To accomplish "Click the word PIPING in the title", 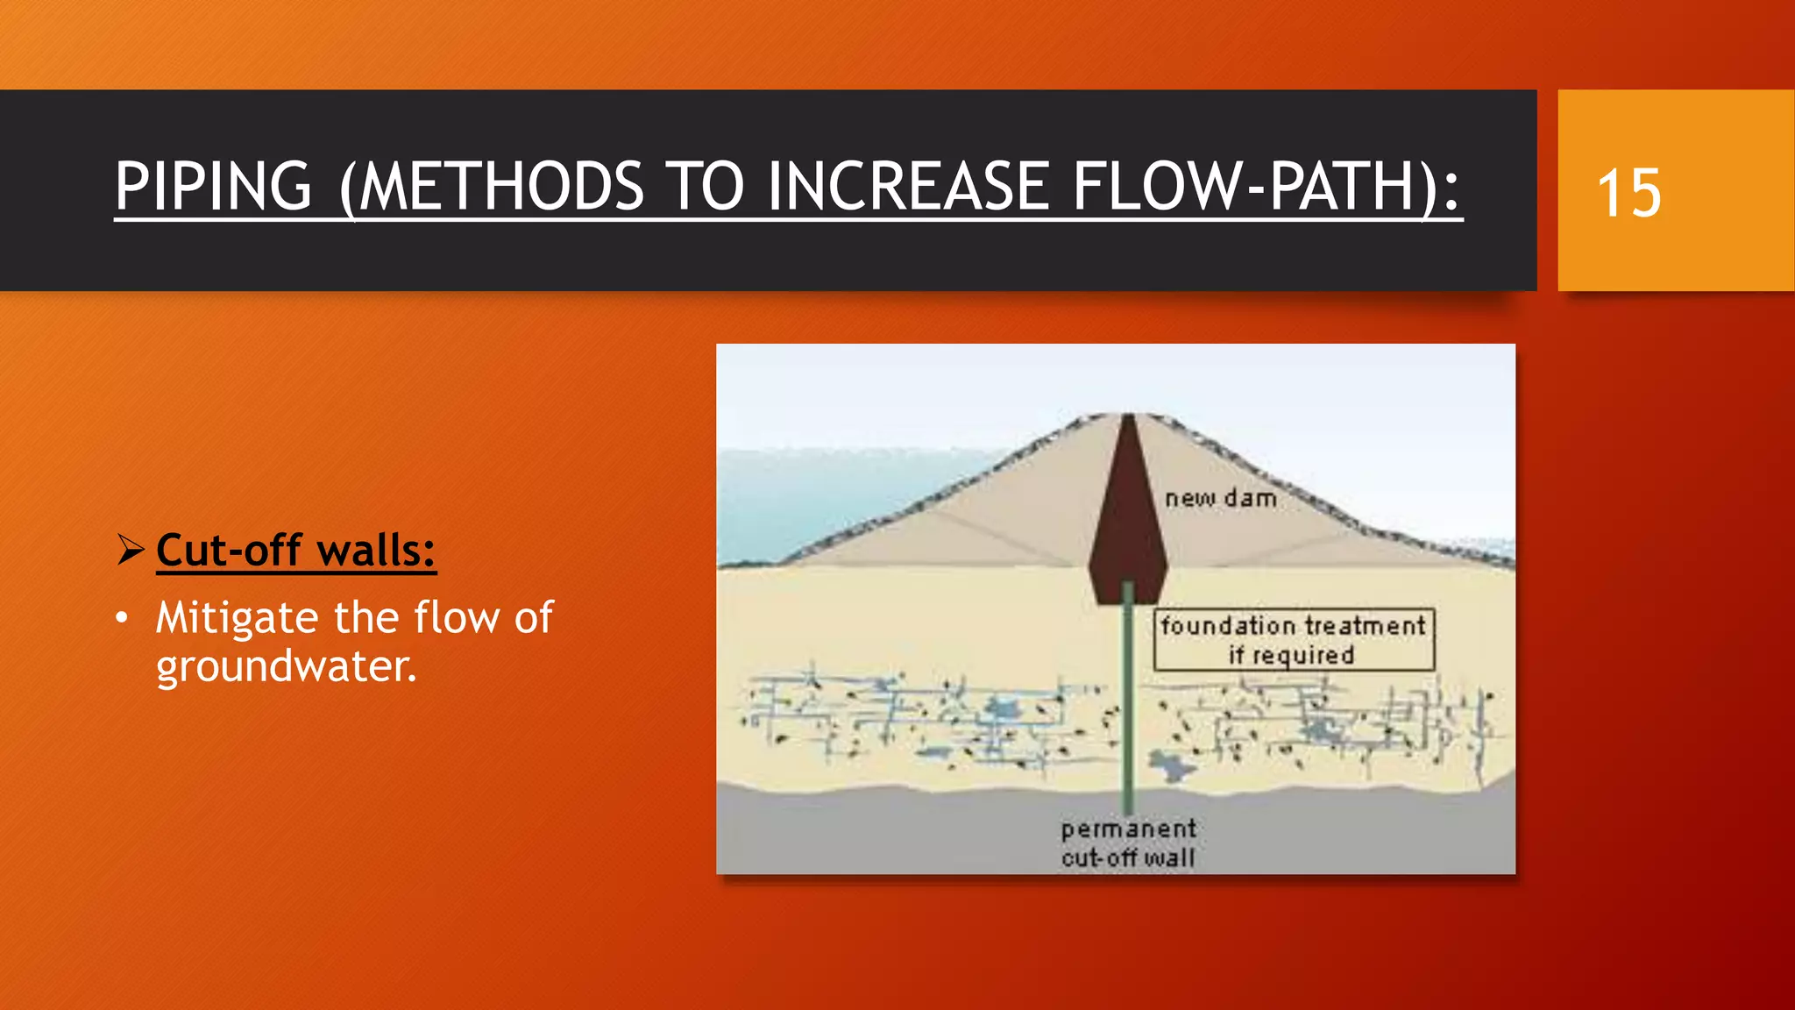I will (213, 187).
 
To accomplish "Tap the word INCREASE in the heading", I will (908, 187).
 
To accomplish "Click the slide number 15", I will (1628, 193).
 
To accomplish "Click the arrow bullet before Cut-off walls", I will (131, 551).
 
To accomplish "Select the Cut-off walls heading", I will (296, 551).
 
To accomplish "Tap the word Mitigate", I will (236, 618).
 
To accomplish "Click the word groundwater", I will (286, 666).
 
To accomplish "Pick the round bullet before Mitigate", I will (123, 618).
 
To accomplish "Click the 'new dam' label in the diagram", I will (1220, 498).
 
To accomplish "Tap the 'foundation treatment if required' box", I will (1294, 640).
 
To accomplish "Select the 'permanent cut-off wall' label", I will (1128, 843).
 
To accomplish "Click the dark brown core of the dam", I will (1128, 517).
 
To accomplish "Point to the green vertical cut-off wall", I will (1128, 701).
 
